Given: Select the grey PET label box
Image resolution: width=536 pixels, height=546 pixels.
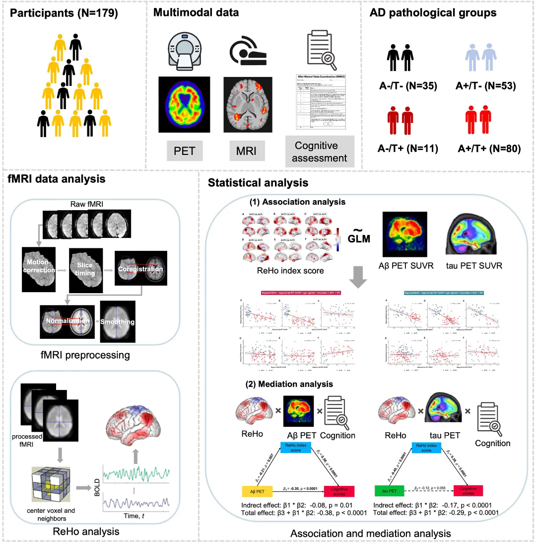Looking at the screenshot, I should click(x=185, y=150).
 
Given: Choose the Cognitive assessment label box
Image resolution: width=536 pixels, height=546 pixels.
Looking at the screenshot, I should click(x=316, y=152).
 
